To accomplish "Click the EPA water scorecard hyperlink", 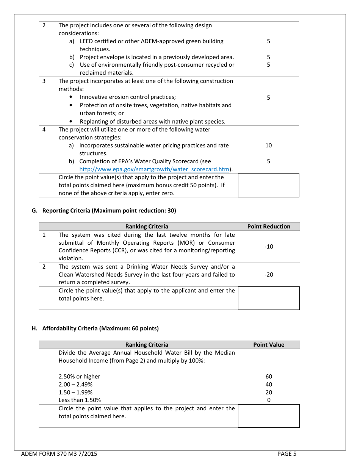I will [154, 169].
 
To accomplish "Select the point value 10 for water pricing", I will [268, 145].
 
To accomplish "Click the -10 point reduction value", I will [268, 247].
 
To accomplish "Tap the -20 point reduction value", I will [268, 275].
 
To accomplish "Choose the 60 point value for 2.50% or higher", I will [269, 377].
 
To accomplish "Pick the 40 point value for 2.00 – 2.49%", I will [269, 385].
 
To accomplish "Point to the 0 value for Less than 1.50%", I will [269, 400].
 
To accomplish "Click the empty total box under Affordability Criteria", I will [269, 416].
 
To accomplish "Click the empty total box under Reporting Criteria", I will [269, 298].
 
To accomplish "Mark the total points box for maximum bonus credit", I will [269, 185].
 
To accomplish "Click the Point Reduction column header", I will [269, 227].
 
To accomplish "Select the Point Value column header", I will [269, 345].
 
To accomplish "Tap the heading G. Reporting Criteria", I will [104, 211].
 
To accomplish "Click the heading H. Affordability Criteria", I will [95, 328].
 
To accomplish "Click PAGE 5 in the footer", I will [287, 454].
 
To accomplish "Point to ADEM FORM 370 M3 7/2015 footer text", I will [59, 454].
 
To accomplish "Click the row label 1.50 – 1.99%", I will [75, 393].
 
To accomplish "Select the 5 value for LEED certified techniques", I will [268, 41].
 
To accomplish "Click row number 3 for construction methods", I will [44, 81].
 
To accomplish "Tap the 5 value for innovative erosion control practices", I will [268, 98].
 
